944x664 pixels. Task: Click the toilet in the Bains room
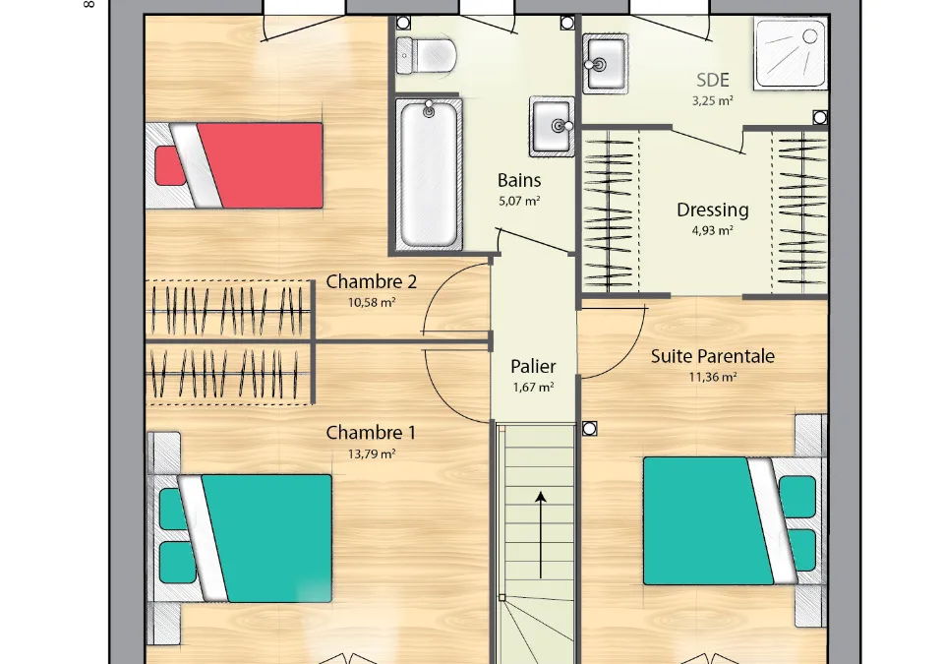(426, 55)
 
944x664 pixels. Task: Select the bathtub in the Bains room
(429, 173)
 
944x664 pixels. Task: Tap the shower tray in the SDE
(791, 54)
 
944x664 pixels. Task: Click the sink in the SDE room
(605, 64)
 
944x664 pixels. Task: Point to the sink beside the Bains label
(552, 126)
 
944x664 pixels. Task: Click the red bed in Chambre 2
(234, 165)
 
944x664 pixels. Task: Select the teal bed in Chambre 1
(241, 538)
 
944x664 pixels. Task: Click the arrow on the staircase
(541, 534)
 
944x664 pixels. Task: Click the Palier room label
(533, 366)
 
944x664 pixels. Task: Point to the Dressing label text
(712, 210)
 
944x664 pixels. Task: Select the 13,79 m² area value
(372, 453)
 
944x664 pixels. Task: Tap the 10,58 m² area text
(372, 302)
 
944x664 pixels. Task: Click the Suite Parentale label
(712, 356)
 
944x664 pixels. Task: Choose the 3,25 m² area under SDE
(712, 100)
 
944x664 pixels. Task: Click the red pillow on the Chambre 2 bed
(170, 165)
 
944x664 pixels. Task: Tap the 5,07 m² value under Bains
(519, 201)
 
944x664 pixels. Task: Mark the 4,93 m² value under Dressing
(712, 230)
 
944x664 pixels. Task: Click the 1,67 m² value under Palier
(533, 388)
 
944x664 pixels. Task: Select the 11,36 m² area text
(712, 377)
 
